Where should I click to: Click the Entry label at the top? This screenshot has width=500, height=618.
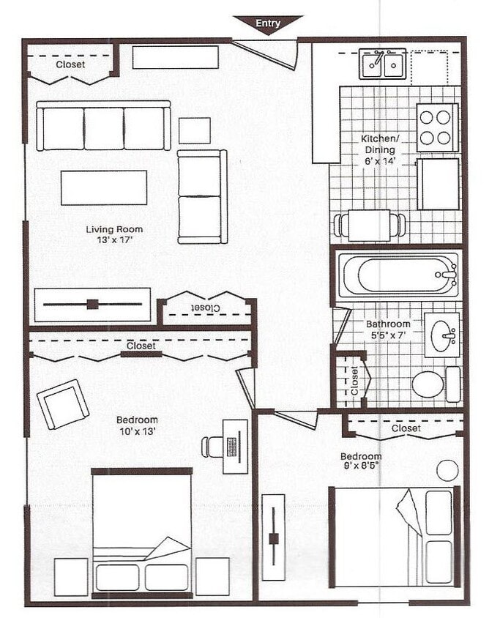(x=268, y=23)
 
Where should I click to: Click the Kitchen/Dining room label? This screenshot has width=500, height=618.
(x=380, y=149)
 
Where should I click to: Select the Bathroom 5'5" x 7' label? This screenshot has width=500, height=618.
(x=388, y=329)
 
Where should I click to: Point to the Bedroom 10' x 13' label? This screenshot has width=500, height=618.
(x=137, y=425)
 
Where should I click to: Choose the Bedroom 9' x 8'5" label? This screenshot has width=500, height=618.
(x=360, y=461)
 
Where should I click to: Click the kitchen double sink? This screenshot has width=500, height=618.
(x=382, y=64)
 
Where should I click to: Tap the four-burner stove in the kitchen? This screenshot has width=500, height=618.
(x=437, y=127)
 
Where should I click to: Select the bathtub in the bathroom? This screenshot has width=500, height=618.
(x=398, y=275)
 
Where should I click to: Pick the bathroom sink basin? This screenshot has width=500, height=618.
(x=442, y=335)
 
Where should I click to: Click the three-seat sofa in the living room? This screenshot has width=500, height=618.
(x=103, y=127)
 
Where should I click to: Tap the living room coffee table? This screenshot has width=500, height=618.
(x=104, y=187)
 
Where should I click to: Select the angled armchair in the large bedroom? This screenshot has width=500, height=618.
(x=63, y=403)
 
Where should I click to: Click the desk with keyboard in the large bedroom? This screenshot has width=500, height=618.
(x=235, y=446)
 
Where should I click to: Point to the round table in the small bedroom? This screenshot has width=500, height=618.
(x=447, y=470)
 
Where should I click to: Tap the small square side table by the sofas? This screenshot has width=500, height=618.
(x=194, y=130)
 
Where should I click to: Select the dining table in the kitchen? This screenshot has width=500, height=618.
(x=369, y=225)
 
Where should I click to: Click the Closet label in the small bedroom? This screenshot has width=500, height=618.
(x=406, y=428)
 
